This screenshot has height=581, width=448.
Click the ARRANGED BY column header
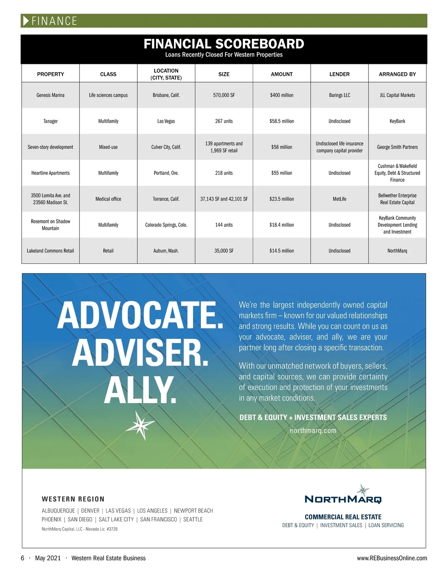(397, 74)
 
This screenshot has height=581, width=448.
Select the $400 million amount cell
(281, 95)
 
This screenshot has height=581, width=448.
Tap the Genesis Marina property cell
(50, 95)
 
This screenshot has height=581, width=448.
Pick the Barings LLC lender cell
(339, 95)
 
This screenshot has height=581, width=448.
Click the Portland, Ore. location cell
(166, 173)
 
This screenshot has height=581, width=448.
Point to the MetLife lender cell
(339, 199)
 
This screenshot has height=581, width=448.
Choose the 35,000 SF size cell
(224, 251)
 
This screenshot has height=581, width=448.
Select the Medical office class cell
(108, 199)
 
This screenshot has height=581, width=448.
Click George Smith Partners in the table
(397, 147)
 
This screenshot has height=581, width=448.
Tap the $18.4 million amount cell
(281, 225)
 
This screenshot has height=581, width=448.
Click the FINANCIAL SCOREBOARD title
(224, 44)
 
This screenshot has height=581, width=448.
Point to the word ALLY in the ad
(140, 390)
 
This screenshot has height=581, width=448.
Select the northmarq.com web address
(313, 430)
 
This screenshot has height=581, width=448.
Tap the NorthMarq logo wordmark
(343, 499)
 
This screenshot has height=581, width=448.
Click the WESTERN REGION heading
(73, 499)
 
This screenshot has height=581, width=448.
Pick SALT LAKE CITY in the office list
(116, 519)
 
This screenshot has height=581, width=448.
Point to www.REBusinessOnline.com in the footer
(392, 558)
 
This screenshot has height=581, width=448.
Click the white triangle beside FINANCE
(26, 21)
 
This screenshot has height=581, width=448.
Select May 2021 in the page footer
(48, 558)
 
